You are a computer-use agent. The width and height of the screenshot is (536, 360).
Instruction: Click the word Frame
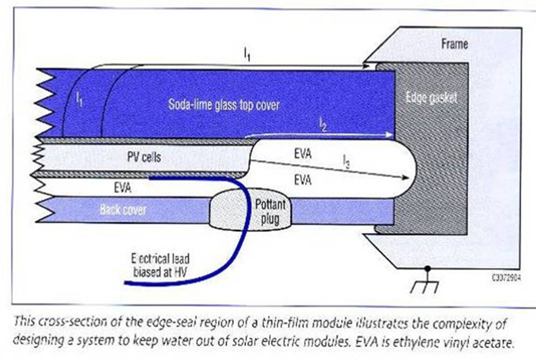pyautogui.click(x=455, y=44)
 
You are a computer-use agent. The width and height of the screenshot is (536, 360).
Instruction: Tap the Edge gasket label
pyautogui.click(x=431, y=98)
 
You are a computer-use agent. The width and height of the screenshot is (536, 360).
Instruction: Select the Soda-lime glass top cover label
pyautogui.click(x=224, y=105)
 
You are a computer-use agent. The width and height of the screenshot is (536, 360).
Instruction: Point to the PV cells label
pyautogui.click(x=144, y=157)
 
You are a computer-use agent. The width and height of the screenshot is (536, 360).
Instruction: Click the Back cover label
pyautogui.click(x=123, y=209)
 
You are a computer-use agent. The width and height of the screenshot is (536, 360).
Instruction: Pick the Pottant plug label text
pyautogui.click(x=270, y=212)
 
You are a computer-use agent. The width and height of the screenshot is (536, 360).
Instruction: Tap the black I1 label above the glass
pyautogui.click(x=247, y=55)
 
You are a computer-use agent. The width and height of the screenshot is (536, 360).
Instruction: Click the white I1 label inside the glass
pyautogui.click(x=79, y=100)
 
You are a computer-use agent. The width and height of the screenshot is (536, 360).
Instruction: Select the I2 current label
pyautogui.click(x=323, y=125)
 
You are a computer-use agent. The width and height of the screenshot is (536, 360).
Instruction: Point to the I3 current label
pyautogui.click(x=346, y=162)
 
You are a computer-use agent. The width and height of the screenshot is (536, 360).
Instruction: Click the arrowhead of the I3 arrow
pyautogui.click(x=405, y=177)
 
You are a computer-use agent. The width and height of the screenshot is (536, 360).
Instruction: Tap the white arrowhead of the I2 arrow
pyautogui.click(x=389, y=134)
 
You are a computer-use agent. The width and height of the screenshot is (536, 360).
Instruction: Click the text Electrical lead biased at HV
pyautogui.click(x=160, y=265)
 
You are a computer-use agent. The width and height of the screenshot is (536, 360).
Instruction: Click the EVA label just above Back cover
pyautogui.click(x=122, y=188)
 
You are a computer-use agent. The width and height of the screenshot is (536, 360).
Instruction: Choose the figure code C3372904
pyautogui.click(x=506, y=278)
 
